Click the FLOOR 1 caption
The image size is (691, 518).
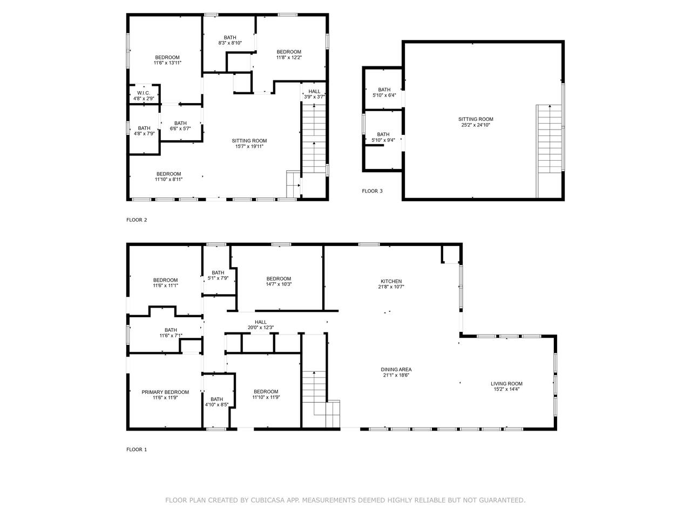click(137, 449)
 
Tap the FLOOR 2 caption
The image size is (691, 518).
click(137, 220)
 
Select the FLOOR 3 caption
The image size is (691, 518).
click(372, 191)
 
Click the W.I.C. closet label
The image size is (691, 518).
click(144, 93)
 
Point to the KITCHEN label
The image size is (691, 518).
click(391, 281)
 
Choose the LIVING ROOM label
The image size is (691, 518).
click(506, 384)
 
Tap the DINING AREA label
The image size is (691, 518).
click(396, 369)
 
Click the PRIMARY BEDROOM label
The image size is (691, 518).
click(165, 392)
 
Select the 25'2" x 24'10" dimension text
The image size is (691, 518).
click(476, 125)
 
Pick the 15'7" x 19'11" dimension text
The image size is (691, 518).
click(249, 146)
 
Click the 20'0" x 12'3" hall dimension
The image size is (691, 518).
click(261, 328)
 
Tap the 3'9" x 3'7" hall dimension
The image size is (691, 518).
click(314, 97)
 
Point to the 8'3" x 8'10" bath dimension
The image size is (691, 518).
click(230, 43)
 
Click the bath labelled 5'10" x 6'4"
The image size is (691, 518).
click(384, 92)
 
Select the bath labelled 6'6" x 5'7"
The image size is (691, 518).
click(180, 126)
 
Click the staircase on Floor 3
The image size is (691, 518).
click(550, 151)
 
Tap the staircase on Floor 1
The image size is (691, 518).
click(321, 399)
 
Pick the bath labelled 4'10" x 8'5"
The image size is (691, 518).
click(216, 401)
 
